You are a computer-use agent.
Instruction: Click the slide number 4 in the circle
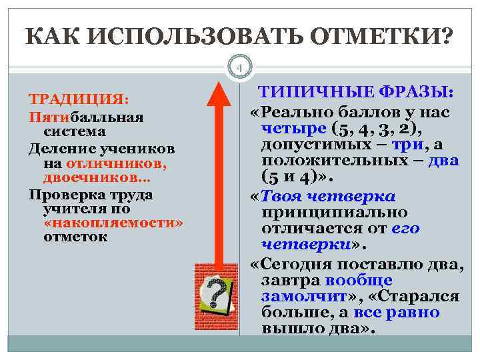click(240, 67)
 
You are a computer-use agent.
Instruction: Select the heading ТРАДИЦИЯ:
click(78, 99)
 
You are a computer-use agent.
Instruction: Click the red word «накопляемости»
click(113, 222)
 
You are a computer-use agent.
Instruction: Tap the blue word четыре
click(294, 127)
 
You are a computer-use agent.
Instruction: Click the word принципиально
click(334, 212)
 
